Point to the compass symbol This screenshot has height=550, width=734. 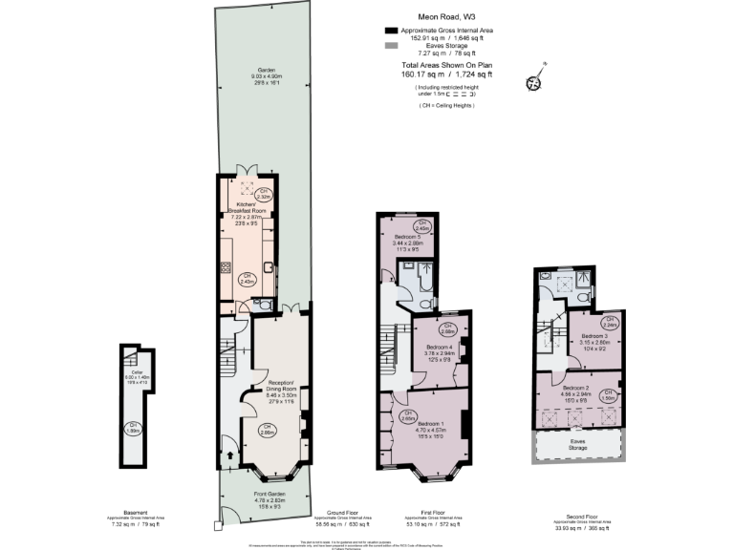click(532, 81)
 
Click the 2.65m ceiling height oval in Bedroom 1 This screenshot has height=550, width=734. click(406, 416)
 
